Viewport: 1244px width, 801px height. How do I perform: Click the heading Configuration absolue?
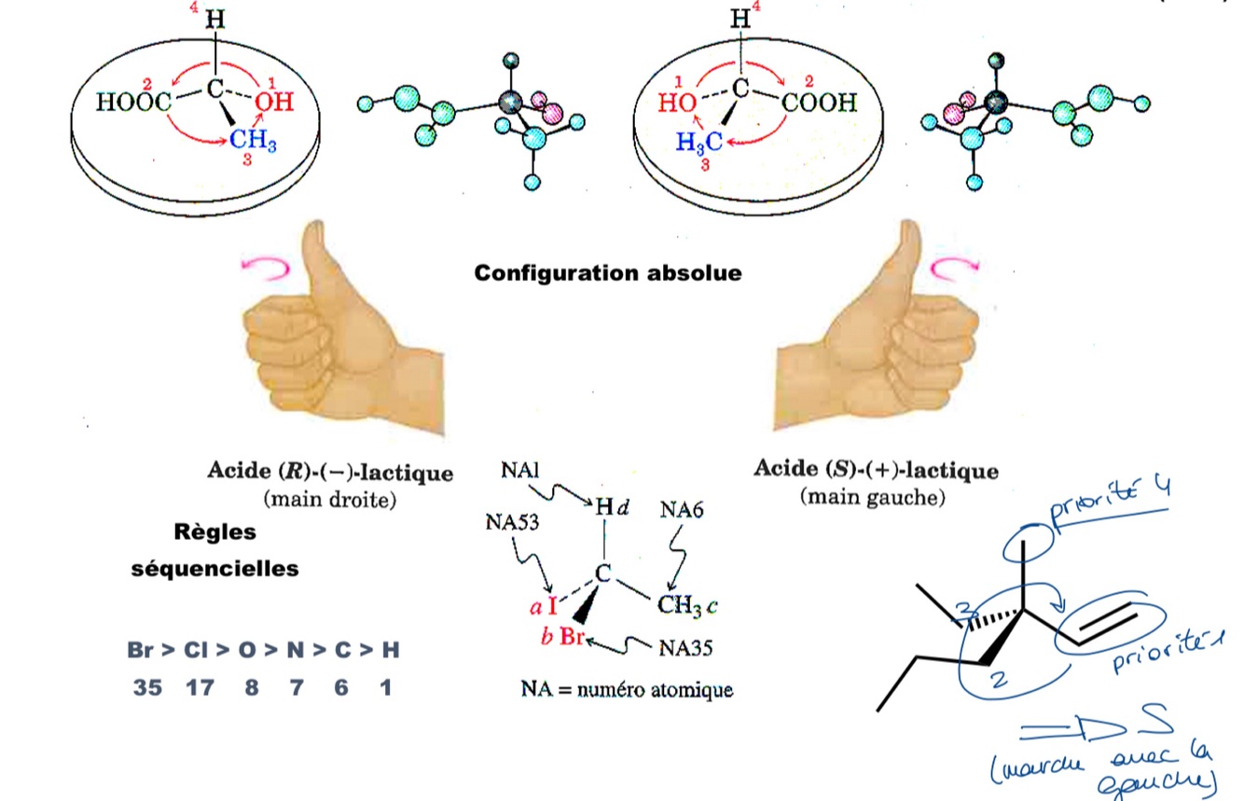click(608, 273)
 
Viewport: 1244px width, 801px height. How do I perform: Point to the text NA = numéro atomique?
click(627, 691)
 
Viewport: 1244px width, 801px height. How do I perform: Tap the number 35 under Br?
click(146, 688)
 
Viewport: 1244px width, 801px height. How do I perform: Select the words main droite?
click(330, 499)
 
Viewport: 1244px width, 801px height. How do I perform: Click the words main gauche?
click(872, 497)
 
